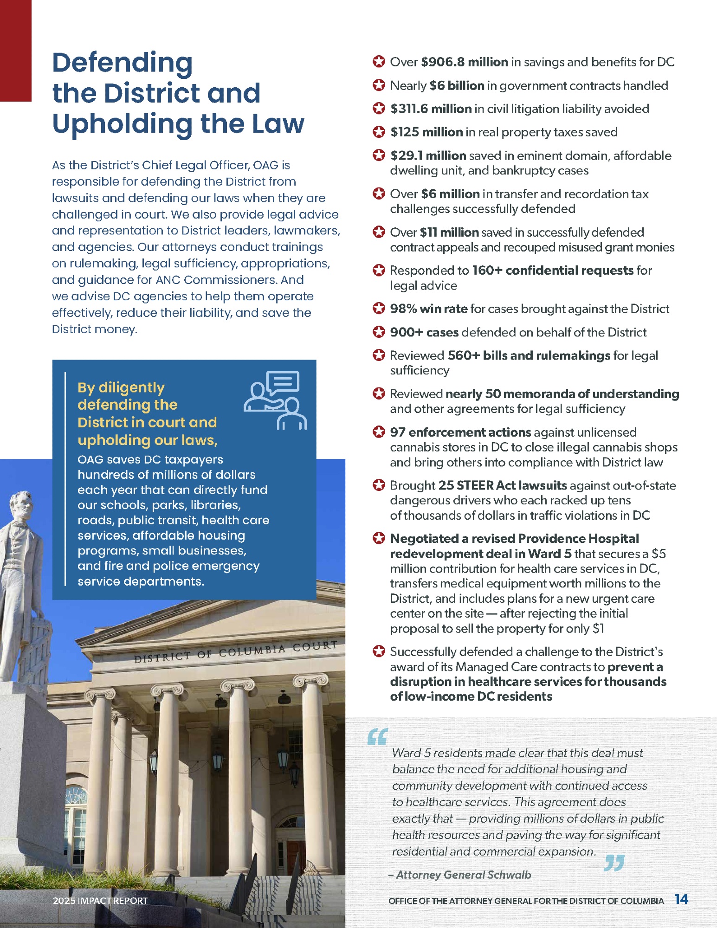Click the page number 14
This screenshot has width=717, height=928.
click(681, 899)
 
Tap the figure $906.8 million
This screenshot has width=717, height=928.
click(464, 62)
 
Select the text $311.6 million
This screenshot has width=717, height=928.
click(431, 109)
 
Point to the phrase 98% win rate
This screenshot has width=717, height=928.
click(428, 309)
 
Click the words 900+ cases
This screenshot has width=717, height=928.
click(424, 332)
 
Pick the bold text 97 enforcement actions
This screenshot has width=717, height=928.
click(460, 432)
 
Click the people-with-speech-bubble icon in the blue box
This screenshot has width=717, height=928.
click(275, 400)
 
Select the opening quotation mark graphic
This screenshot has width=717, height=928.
click(377, 736)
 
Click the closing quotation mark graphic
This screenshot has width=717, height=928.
click(614, 863)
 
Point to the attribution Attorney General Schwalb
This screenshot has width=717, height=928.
click(463, 875)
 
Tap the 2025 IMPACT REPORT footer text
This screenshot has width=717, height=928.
click(100, 901)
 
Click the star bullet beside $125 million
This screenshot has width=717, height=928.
click(379, 132)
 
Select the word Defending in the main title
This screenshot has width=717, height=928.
click(123, 63)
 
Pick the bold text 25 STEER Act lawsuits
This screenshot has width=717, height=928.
click(502, 485)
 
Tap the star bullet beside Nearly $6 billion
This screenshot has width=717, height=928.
click(379, 85)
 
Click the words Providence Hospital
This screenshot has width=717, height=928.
click(578, 538)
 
